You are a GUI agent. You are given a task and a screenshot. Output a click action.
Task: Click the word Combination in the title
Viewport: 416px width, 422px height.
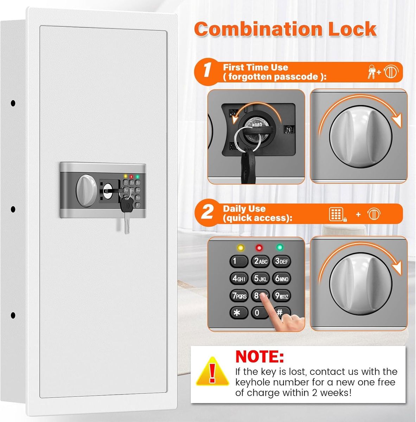pos(258,29)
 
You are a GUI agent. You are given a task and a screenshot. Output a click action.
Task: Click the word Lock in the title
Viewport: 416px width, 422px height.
pos(352,29)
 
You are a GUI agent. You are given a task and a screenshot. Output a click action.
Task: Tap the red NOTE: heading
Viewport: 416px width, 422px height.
pos(260,357)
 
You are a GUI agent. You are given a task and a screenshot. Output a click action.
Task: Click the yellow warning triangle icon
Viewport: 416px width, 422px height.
pos(212,372)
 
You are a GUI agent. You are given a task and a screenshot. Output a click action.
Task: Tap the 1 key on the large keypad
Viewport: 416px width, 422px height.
pos(238,261)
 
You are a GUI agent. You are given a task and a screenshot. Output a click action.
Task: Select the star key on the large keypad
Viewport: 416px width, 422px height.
pos(238,313)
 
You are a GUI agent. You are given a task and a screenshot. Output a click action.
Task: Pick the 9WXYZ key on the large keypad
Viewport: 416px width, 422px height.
pos(281,296)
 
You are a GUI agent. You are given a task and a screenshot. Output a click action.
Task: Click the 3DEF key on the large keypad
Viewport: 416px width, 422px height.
pos(282,261)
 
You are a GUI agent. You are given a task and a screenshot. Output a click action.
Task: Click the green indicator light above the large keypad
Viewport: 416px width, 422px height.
pos(280,247)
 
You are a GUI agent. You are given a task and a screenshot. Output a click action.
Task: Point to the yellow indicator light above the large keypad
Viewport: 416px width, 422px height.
pos(240,248)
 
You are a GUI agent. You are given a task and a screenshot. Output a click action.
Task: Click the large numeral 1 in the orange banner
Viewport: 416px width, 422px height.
pos(207,70)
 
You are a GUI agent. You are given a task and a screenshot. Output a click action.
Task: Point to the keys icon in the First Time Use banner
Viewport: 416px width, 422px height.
pos(371,72)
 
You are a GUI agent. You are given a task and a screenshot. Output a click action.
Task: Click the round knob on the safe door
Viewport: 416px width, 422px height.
pos(86,190)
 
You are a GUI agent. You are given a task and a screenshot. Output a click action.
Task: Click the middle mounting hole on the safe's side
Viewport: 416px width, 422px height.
pos(13,209)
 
